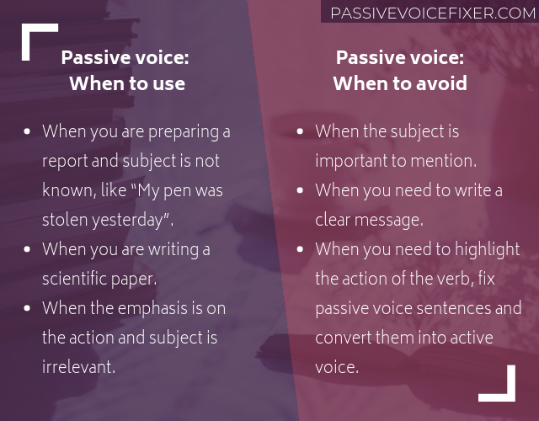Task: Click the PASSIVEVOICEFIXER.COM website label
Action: pyautogui.click(x=433, y=13)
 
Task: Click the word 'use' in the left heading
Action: pyautogui.click(x=169, y=83)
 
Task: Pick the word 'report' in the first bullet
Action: pyautogui.click(x=65, y=162)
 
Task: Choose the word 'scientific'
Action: pyautogui.click(x=81, y=280)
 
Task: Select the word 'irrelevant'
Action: pyautogui.click(x=78, y=367)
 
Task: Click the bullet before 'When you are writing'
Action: pyautogui.click(x=28, y=250)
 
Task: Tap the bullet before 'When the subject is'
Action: pyautogui.click(x=301, y=132)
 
